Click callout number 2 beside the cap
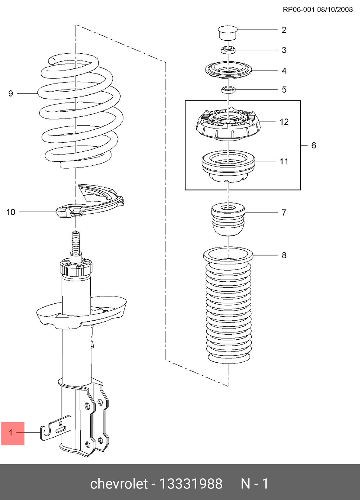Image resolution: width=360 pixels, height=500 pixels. coord(284,30)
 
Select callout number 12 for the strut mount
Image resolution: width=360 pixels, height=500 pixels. coord(284,122)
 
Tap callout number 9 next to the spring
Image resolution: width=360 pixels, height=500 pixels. coord(11,94)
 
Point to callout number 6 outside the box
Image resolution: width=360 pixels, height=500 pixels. coord(314,146)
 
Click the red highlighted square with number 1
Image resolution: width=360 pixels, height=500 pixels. coord(13,434)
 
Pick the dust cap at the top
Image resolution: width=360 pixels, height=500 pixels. coord(228,33)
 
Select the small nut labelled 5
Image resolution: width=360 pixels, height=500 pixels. coord(228,90)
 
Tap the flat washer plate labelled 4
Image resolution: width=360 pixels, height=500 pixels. coord(228,70)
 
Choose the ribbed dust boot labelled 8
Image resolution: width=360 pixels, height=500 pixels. coord(228,305)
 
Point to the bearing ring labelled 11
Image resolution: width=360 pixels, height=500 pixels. coord(228,166)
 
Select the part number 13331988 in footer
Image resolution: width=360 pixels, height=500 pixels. coord(191,484)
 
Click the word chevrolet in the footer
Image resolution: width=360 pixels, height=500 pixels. coord(119,484)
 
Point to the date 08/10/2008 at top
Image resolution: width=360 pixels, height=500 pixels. coord(335,10)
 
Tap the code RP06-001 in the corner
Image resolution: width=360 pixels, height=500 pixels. coord(299,10)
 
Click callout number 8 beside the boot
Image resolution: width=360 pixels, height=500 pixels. coord(284,255)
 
